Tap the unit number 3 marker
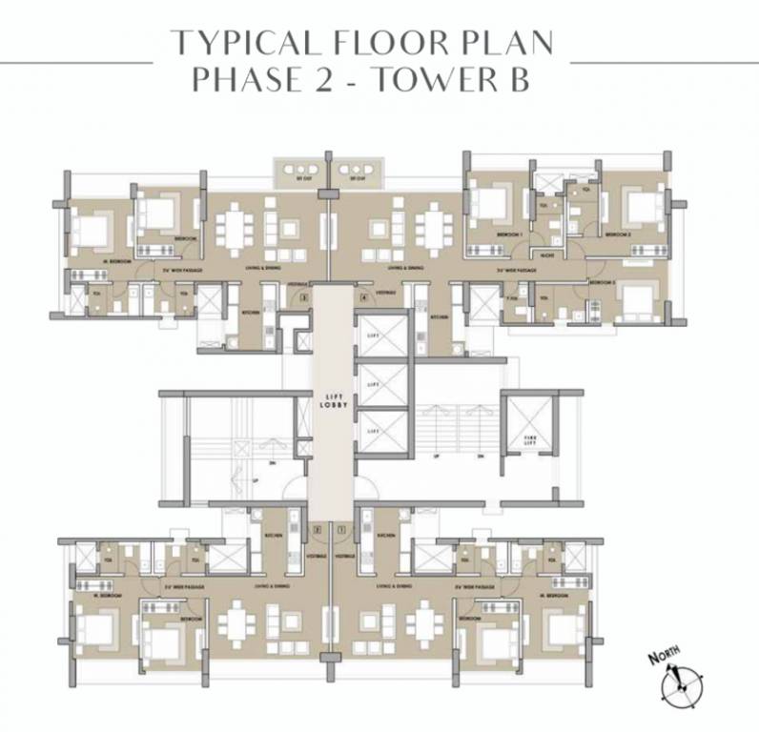304,298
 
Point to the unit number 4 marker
363,298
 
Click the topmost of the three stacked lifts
381,334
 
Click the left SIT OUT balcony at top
300,173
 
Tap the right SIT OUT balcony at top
357,173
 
